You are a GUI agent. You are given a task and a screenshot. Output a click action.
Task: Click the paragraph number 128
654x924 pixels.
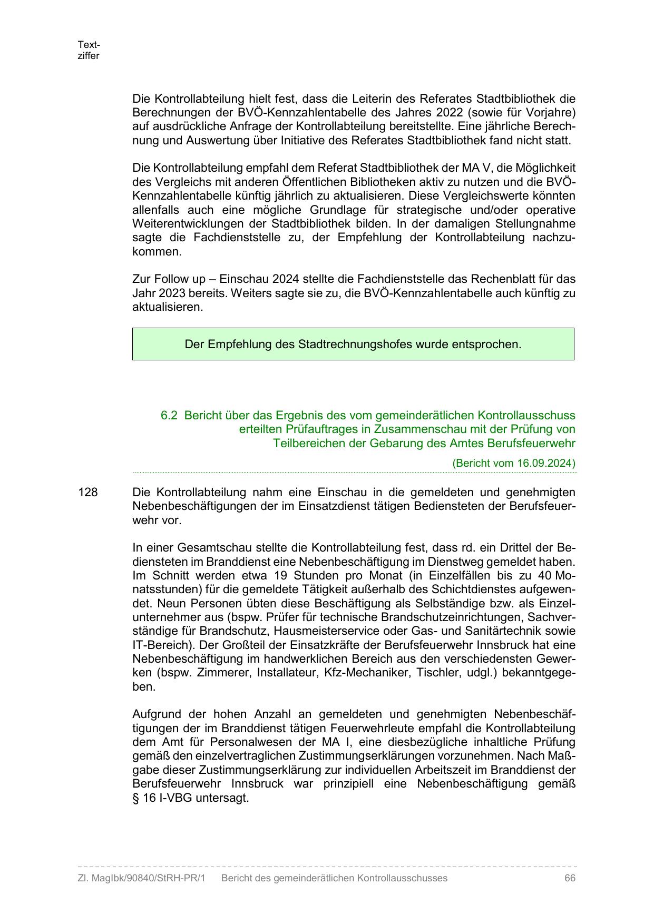tap(88, 492)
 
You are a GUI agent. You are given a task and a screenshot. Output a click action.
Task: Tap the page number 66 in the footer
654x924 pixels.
tap(570, 878)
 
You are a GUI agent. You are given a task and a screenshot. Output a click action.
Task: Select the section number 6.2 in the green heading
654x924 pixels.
tap(169, 415)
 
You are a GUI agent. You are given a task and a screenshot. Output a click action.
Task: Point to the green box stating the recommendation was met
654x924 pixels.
tap(353, 344)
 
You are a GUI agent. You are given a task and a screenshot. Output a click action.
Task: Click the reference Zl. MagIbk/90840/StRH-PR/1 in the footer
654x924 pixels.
tap(141, 878)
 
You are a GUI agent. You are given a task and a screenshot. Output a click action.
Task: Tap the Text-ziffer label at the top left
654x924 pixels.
tap(89, 50)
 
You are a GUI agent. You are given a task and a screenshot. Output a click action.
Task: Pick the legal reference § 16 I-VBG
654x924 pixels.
tap(163, 798)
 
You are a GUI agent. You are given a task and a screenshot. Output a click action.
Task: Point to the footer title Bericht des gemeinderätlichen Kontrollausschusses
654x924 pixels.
tap(334, 878)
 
